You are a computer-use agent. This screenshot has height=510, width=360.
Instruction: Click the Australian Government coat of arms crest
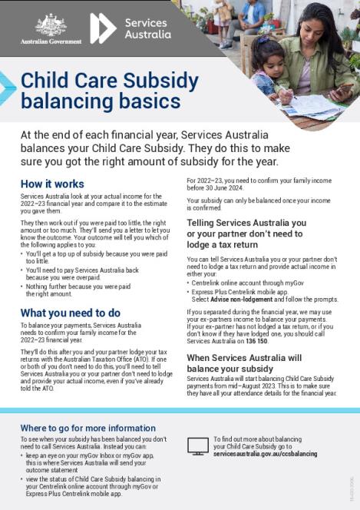coord(51,24)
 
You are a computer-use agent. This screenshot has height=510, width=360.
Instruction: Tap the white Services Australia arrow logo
coord(103,28)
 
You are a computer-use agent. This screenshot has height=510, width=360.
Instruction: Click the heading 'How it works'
coord(52,184)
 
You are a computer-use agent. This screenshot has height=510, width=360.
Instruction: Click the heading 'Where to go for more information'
coord(88,428)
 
